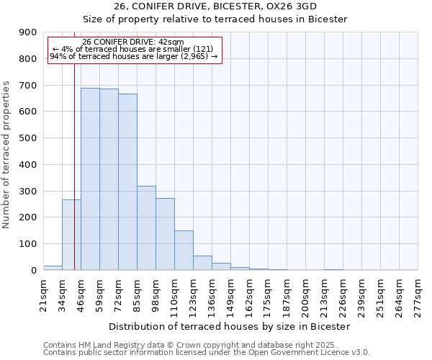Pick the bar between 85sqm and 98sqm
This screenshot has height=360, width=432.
(x=146, y=228)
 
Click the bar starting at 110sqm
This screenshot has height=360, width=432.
(x=184, y=250)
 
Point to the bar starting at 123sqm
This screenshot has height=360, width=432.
(x=202, y=263)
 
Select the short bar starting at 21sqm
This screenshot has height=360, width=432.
(x=53, y=268)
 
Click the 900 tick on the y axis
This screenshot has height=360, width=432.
(x=28, y=32)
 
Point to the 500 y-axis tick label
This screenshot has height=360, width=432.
(x=28, y=138)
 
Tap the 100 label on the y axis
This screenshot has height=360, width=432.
(x=28, y=244)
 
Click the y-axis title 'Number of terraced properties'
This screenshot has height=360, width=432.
(x=7, y=155)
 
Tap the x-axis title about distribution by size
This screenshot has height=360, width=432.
(x=230, y=326)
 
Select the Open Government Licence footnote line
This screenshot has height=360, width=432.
(x=207, y=352)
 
